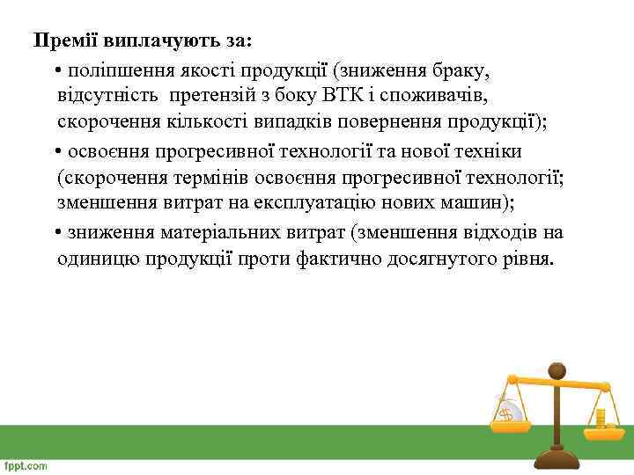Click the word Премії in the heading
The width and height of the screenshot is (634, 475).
[x=66, y=41]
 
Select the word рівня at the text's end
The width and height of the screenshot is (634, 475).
[x=527, y=260]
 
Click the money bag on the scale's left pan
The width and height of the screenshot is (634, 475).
[x=508, y=410]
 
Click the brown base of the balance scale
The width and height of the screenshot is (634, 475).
[x=556, y=460]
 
